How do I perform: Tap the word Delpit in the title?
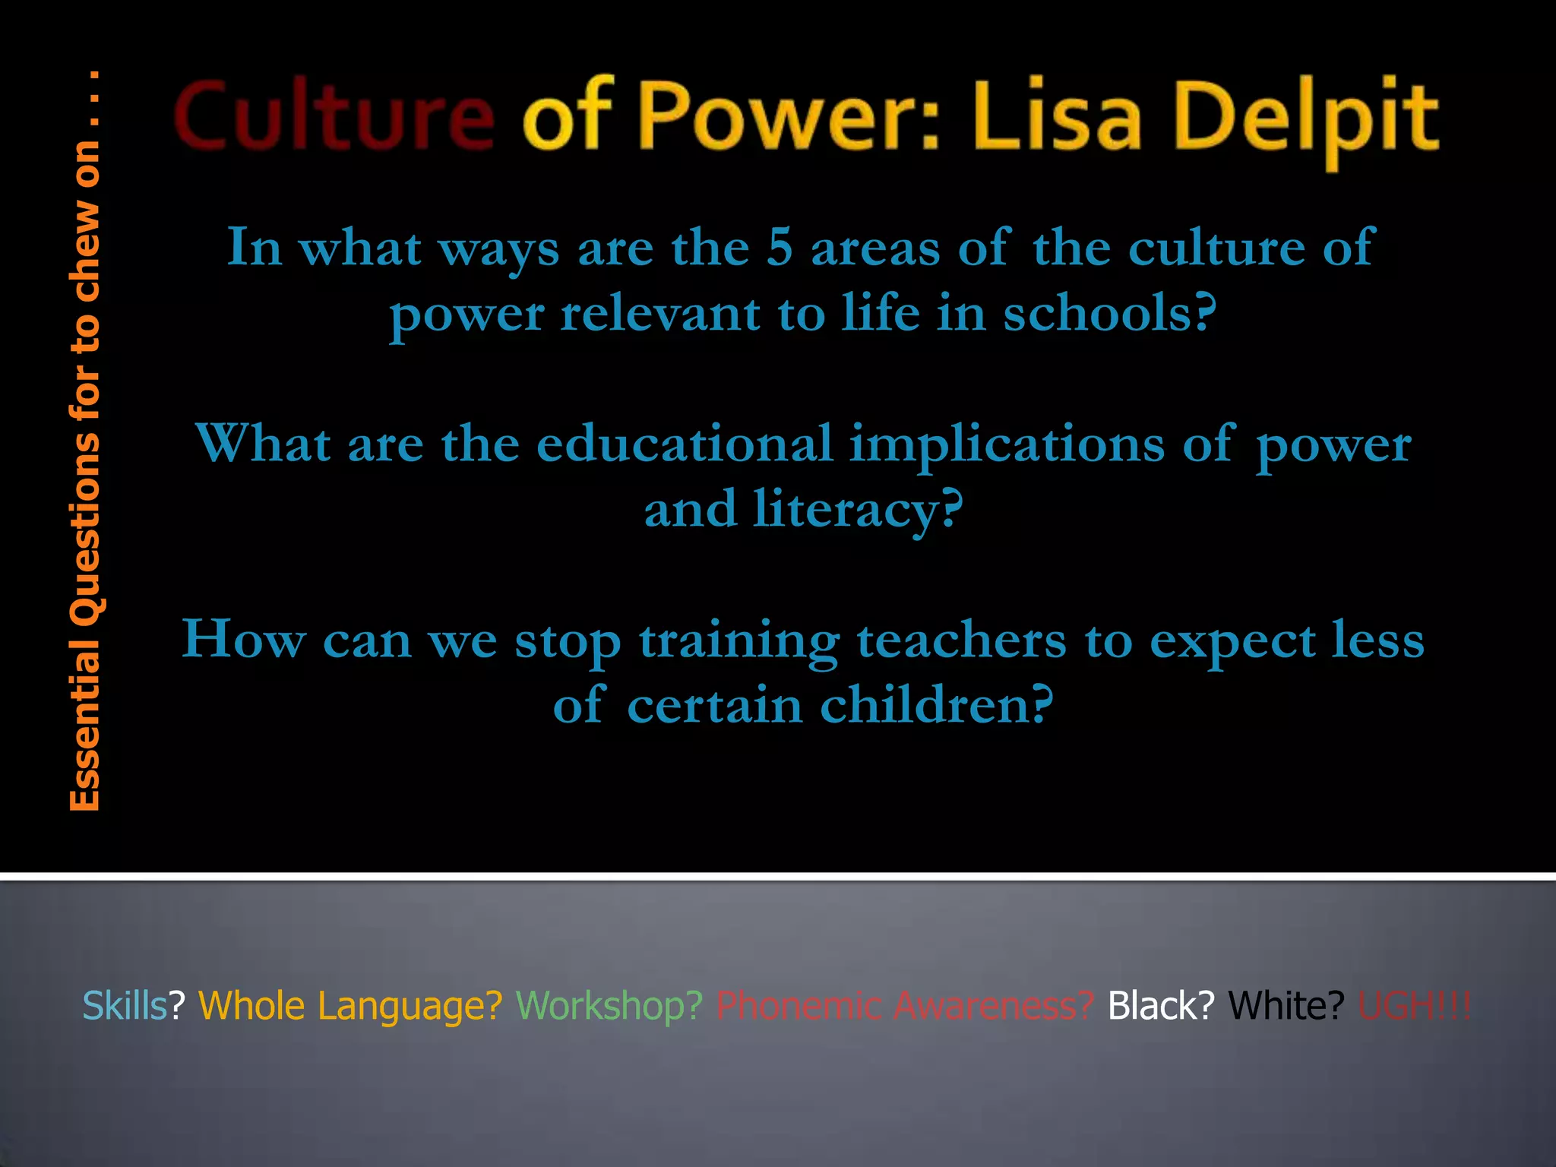coord(1307,120)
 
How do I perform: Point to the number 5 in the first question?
coord(779,248)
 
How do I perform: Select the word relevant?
coord(660,313)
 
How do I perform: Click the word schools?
coord(1110,313)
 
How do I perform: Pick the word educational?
coord(685,444)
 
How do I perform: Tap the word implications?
coord(1007,445)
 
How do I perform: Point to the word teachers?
coord(962,640)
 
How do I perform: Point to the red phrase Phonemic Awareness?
coord(905,1006)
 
